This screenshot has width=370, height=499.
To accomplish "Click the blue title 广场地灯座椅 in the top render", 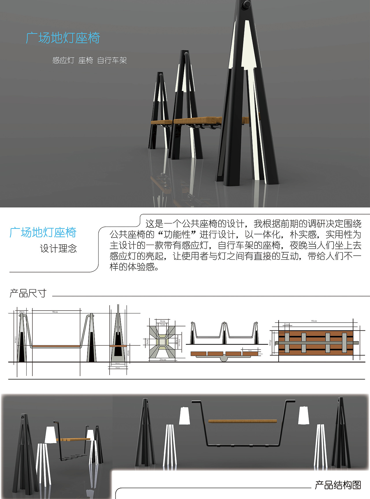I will pos(63,38).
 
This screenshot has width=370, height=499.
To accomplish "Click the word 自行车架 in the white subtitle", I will pos(112,60).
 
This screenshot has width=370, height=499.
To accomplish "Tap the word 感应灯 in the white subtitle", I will pos(63,60).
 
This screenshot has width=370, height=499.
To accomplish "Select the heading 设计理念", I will pos(58,248).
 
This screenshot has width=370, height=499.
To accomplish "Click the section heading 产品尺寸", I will pos(28,293).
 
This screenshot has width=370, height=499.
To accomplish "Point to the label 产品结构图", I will pos(338,485).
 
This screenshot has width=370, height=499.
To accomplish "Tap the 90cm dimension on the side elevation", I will pos(55,312).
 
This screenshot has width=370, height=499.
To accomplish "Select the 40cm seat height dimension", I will pos(128,353).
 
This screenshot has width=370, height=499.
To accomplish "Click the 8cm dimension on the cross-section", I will pos(163,321).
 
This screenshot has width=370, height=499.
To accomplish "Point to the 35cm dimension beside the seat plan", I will pos(270,343).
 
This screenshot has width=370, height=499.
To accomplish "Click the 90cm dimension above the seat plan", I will pos(314,321).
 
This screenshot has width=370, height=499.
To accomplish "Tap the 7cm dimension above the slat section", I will pos(250,351).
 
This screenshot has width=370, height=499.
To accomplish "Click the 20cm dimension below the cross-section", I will pos(163,360).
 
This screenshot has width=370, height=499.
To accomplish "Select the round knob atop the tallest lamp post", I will pos(247,5).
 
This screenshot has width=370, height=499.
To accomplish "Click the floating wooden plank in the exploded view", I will pos(242,421).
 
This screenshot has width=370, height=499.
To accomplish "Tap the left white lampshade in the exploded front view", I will pos(184,416).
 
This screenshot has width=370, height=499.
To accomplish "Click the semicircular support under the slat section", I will pos(224,359).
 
